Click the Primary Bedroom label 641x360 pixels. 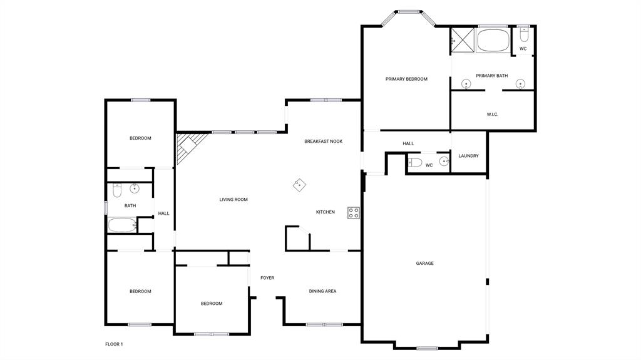pos(406,79)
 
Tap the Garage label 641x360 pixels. pos(424,264)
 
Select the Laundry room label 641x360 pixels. pos(468,156)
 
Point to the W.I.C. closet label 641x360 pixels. pos(492,115)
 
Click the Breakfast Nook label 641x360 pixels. pos(323,141)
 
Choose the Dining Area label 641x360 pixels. pos(322,291)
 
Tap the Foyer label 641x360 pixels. pos(267,278)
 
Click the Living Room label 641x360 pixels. pos(233,200)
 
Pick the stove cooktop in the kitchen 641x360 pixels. pos(354,212)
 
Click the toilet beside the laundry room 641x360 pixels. pos(415,163)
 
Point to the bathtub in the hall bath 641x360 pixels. pos(121,225)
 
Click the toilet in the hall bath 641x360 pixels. pos(117,190)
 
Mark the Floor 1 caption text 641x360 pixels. pos(114,344)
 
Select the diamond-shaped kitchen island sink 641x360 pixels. pos(299,184)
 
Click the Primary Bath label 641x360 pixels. pos(491,76)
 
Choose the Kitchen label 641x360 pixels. pos(325,212)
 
